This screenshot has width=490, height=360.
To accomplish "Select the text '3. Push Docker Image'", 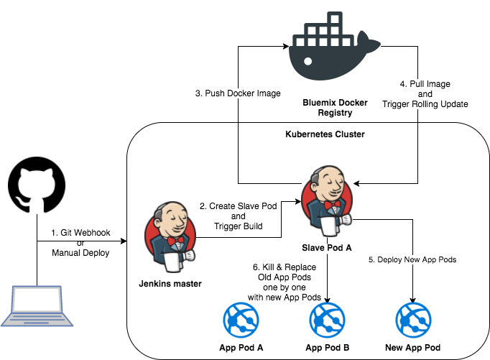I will point(237,93).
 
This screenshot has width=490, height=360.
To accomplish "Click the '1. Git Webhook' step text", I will point(80,234).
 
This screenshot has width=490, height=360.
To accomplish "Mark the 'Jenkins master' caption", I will point(170,284).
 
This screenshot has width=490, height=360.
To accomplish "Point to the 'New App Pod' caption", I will point(412,347).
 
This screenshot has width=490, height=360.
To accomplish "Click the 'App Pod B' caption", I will point(328,347).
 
